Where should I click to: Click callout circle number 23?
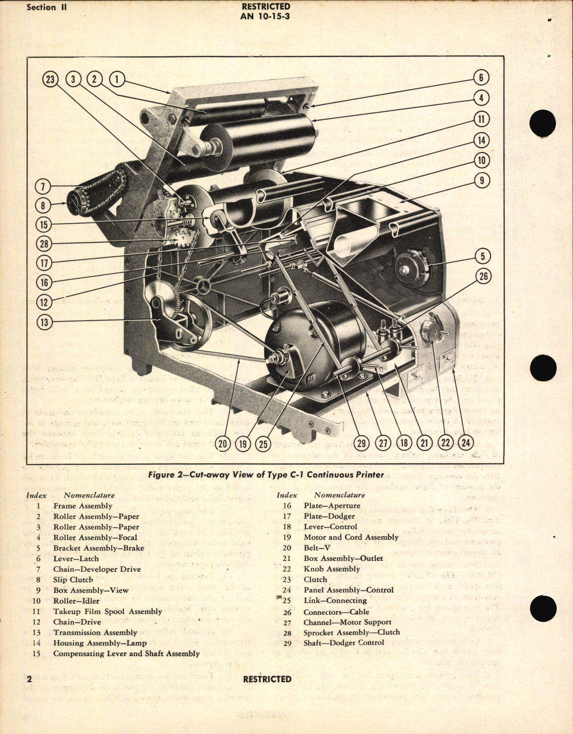tap(50, 80)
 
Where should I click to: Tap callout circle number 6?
tap(481, 77)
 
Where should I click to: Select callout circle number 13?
tap(44, 323)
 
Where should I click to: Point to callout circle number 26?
tap(484, 276)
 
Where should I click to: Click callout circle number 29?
tap(361, 443)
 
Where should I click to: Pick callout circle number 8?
tap(43, 205)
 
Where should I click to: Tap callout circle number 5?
tap(483, 257)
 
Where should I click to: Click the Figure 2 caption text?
tap(266, 475)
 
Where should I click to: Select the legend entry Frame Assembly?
tap(83, 506)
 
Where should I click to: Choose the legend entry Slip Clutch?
tap(73, 580)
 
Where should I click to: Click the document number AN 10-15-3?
tap(266, 16)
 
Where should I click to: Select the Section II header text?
tap(46, 7)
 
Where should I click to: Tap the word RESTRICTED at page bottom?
tap(267, 679)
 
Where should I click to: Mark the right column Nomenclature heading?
tap(339, 495)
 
